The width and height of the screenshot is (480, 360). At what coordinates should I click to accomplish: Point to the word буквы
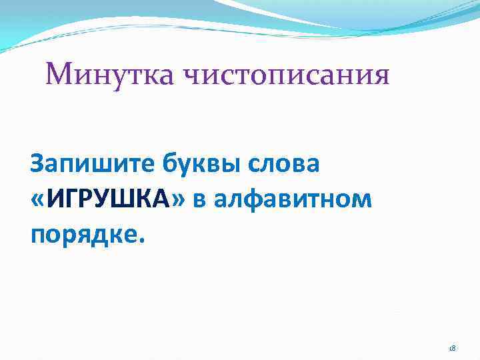186,163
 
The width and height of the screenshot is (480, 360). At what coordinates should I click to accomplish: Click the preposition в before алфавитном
200,199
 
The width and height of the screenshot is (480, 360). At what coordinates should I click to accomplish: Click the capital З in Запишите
38,163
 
